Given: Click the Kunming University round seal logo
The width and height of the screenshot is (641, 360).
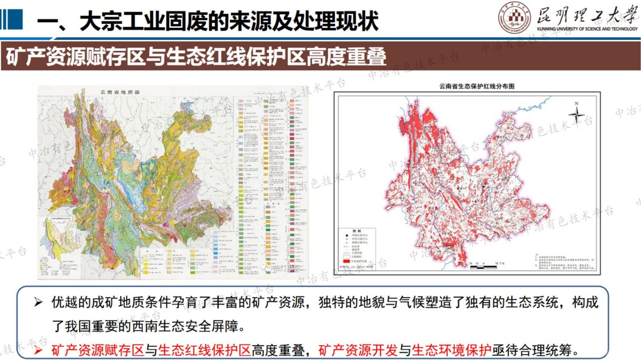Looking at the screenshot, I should click(x=514, y=18).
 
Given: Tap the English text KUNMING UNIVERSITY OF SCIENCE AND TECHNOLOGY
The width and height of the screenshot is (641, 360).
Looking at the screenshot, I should click(x=587, y=29).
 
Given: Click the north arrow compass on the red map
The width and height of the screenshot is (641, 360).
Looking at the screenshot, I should click(x=576, y=114).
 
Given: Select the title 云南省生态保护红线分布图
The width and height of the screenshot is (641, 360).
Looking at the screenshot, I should click(x=476, y=86).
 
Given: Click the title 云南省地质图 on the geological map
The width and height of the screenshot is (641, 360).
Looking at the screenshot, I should click(x=120, y=92).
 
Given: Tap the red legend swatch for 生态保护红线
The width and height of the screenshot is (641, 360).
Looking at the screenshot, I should click(x=346, y=261).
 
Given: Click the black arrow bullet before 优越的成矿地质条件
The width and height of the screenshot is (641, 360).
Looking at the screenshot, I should click(x=38, y=302).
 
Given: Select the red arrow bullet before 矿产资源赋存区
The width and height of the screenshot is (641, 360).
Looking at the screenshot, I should click(x=38, y=350).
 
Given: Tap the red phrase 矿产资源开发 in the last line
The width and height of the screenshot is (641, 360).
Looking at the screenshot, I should click(x=358, y=350).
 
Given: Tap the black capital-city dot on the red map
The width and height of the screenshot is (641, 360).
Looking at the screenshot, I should click(x=484, y=187).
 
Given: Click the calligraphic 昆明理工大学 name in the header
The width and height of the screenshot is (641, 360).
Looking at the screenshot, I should click(x=587, y=15).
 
